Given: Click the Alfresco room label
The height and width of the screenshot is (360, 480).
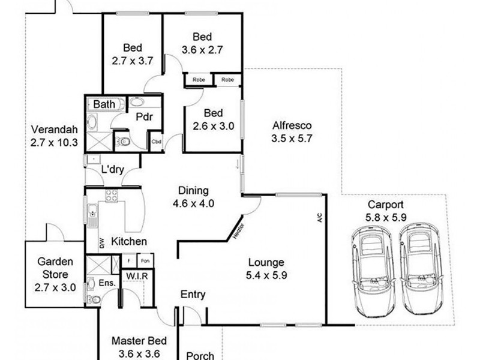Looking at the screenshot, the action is tap(292, 125).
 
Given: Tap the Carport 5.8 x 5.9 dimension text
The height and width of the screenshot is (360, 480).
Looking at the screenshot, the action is tap(386, 217).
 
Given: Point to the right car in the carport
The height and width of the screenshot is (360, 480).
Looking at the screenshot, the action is tap(422, 269).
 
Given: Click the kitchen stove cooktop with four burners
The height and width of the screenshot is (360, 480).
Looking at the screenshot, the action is tap(112, 196).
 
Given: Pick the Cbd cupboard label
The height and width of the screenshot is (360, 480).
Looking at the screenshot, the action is tap(157, 142).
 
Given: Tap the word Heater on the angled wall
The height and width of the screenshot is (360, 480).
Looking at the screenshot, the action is tap(238, 231).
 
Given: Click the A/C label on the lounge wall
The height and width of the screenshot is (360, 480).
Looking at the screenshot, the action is tap(320, 217).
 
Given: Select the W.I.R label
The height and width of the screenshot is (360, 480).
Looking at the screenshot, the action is tap(137, 276).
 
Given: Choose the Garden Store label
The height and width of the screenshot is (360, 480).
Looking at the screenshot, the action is tap(55, 268).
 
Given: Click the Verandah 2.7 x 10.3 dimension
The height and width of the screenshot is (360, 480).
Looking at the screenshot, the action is tap(54, 143).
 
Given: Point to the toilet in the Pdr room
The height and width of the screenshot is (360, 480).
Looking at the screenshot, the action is tap(123, 142).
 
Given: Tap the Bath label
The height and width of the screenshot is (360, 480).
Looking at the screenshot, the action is tap(104, 104).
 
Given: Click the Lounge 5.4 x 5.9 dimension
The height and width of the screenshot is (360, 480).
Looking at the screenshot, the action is tap(266, 275).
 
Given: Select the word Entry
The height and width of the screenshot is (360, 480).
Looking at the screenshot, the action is tap(193, 295).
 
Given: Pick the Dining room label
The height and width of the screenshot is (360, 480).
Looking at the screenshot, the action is tap(193, 191).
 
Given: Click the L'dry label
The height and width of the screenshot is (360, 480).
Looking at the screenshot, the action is tap(113, 169).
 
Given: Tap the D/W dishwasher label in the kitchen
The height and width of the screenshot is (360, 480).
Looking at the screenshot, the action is tap(102, 243).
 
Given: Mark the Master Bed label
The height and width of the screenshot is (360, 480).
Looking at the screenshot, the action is tap(139, 341).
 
